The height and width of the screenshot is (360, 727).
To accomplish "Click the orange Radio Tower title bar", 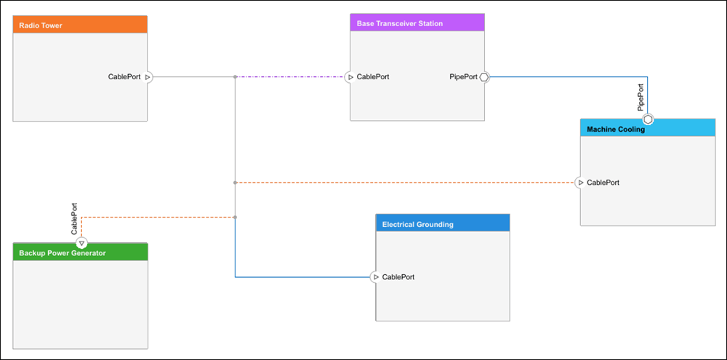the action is click(80, 25).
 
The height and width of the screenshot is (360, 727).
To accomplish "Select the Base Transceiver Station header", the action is click(417, 23).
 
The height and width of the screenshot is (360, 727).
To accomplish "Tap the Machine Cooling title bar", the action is click(648, 129).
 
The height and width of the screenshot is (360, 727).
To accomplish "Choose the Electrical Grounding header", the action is click(443, 223).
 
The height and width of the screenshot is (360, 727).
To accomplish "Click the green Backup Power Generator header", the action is click(80, 252).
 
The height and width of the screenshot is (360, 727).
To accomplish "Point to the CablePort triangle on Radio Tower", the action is click(148, 77).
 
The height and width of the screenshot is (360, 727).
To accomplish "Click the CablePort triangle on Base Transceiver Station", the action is click(350, 77).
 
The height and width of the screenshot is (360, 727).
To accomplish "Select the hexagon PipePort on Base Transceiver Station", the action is click(484, 77).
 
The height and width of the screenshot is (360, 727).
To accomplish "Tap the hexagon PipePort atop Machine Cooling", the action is click(648, 119).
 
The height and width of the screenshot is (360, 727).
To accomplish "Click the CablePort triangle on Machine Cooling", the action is click(580, 183).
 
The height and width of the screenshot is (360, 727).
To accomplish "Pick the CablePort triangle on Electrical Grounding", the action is click(376, 277).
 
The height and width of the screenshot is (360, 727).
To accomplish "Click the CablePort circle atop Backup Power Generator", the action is click(81, 243).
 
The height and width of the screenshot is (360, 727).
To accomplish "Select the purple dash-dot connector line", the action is click(290, 77).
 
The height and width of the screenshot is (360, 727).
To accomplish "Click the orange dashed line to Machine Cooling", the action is click(405, 183).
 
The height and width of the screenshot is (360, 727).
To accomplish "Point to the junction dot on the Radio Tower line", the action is click(235, 77).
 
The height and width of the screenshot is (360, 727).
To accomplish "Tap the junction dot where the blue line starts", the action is click(235, 217).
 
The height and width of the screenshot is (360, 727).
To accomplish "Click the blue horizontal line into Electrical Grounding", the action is click(303, 277).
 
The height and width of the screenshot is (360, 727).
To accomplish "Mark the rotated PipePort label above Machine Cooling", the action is click(640, 97).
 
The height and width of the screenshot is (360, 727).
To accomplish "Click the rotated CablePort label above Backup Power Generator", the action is click(73, 218).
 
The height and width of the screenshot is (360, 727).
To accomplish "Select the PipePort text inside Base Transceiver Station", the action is click(463, 77).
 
